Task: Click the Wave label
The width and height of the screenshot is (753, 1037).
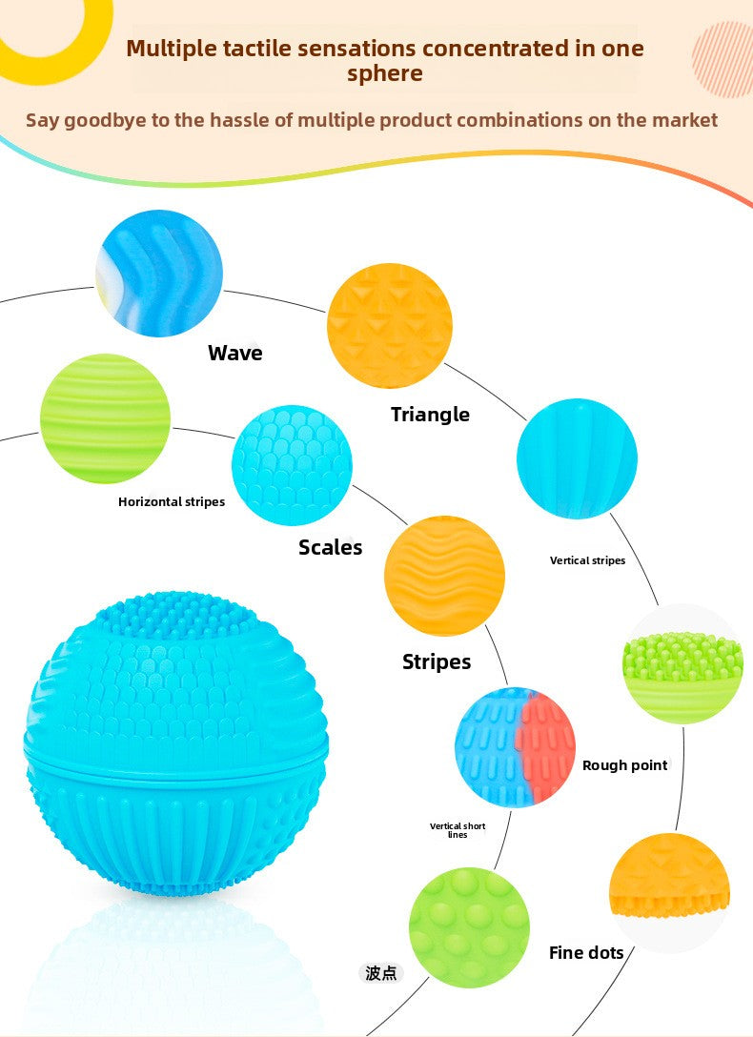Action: (234, 353)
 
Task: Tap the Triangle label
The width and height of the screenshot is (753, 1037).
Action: (431, 415)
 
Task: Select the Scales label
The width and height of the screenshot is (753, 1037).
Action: (330, 547)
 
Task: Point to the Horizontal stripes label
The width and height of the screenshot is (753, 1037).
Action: (172, 502)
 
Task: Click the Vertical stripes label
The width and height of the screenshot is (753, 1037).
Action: (587, 560)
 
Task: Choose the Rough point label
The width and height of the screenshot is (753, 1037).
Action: (624, 765)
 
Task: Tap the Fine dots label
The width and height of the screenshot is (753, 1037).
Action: (586, 952)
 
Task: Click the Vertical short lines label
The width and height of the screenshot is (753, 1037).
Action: (458, 830)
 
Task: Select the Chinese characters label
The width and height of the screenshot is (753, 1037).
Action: (381, 973)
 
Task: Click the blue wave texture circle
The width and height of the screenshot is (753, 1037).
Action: (159, 274)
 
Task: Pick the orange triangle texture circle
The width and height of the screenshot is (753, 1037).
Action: (390, 325)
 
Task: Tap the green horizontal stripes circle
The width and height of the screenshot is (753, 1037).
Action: (105, 418)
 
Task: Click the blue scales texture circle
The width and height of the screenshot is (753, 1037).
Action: (292, 465)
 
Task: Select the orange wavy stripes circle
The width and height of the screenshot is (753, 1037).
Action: (444, 576)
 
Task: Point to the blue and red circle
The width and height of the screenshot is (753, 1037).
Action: (515, 747)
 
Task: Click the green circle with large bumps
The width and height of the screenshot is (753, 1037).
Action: (469, 928)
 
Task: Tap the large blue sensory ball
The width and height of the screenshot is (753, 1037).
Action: (175, 744)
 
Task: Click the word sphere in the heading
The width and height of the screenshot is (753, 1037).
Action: (385, 73)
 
